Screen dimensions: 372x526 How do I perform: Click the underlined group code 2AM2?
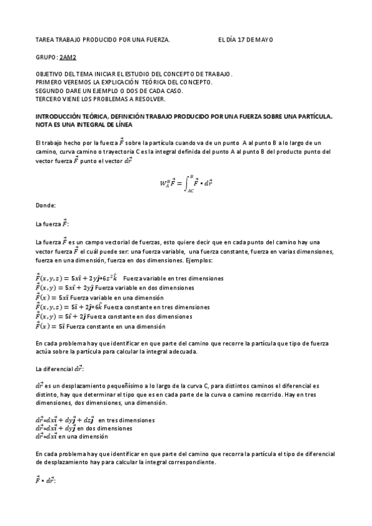pos(67,56)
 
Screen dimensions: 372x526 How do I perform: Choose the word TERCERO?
pos(47,98)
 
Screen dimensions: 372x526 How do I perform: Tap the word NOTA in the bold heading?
pos(43,124)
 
